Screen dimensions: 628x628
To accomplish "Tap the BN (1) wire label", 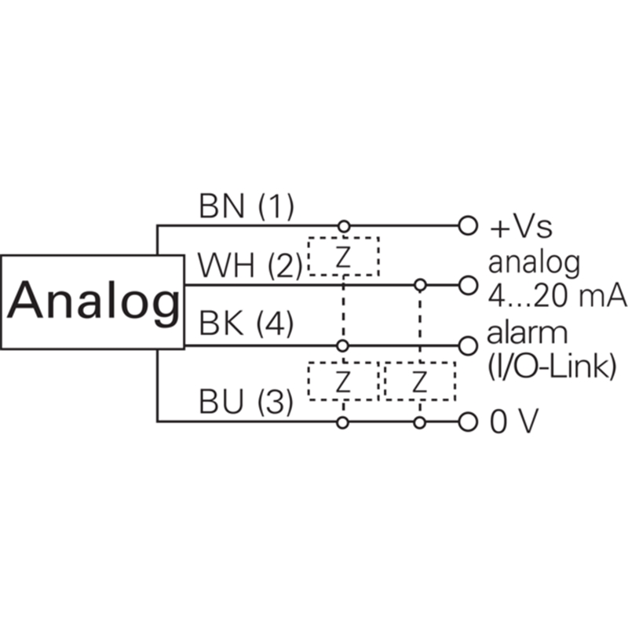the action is [x=246, y=207].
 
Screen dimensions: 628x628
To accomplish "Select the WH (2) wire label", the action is [x=250, y=265].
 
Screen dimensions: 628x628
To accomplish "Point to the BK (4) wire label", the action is [x=246, y=323].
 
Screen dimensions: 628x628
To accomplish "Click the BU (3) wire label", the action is [x=246, y=401].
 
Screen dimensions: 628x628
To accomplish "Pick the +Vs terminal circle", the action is [x=467, y=225].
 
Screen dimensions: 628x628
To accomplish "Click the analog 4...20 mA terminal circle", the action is [x=467, y=286].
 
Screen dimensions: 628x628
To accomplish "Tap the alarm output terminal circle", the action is [x=467, y=346].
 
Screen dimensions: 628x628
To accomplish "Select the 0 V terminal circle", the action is [x=467, y=422].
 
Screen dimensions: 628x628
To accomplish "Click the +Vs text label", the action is [x=521, y=227].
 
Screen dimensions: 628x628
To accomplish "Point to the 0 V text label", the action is [x=514, y=422].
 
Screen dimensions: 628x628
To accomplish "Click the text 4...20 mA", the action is [x=557, y=296].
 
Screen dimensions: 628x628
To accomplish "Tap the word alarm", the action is [x=528, y=333].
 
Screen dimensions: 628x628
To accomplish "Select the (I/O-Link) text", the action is [x=552, y=367].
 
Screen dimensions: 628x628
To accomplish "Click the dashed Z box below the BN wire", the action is [x=344, y=257].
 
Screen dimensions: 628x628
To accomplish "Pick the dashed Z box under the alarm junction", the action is [x=343, y=381].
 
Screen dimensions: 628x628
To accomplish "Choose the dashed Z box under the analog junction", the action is [x=420, y=381].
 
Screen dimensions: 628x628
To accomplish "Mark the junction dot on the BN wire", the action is [x=344, y=226].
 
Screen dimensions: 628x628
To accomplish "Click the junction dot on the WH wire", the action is [x=420, y=285].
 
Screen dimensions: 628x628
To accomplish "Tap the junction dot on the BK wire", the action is [x=342, y=345].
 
